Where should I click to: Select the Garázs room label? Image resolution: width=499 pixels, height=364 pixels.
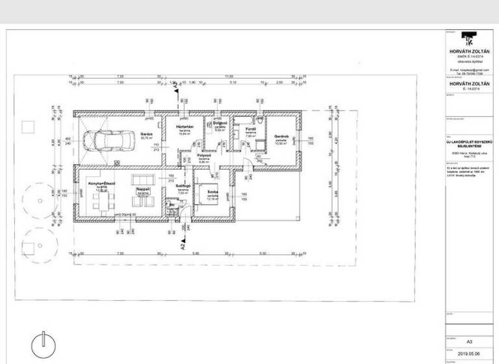(146, 133)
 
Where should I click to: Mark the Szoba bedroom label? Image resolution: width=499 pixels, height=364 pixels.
(212, 192)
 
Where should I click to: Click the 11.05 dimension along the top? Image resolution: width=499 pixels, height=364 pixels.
(229, 77)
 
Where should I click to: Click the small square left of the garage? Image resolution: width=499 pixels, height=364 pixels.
(27, 126)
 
